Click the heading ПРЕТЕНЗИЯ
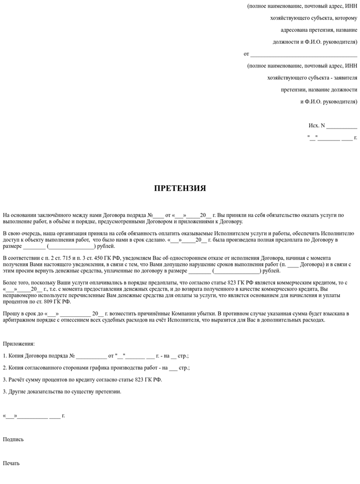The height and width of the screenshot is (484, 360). (180, 188)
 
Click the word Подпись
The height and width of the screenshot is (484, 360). (13, 439)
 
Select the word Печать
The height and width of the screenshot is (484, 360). (11, 463)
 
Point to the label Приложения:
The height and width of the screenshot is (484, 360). (19, 344)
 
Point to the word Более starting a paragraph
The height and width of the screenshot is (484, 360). (10, 283)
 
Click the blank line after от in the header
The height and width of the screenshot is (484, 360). (303, 54)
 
